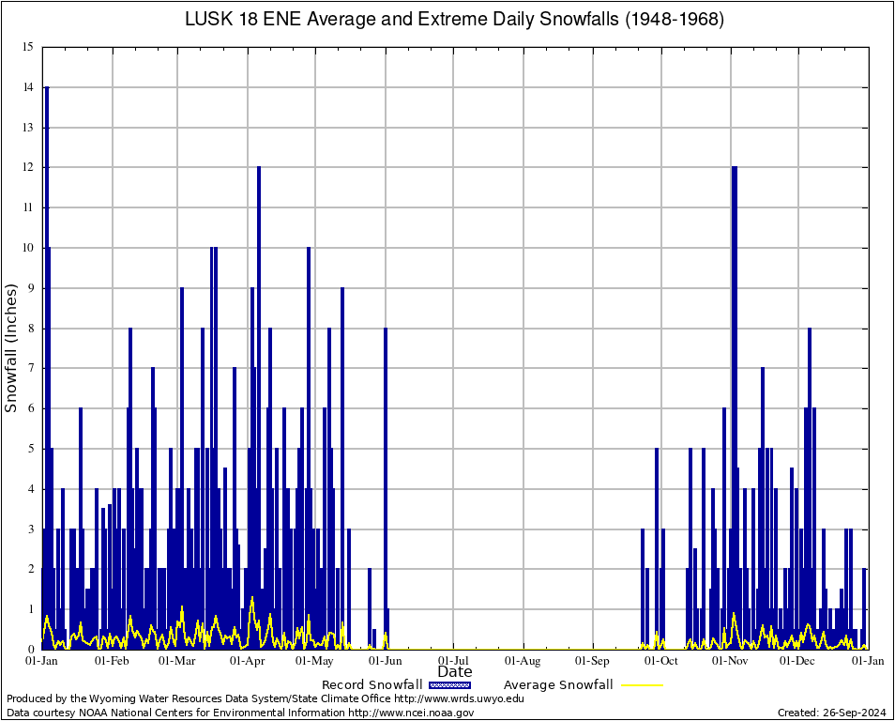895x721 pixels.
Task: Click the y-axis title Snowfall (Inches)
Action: click(x=11, y=347)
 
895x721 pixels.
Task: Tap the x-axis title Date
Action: click(x=455, y=672)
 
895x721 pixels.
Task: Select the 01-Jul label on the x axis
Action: click(x=454, y=661)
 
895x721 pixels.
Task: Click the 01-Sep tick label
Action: click(x=592, y=661)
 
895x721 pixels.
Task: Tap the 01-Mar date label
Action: click(x=176, y=661)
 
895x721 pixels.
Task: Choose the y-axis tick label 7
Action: click(x=30, y=368)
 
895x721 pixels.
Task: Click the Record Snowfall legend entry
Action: click(x=372, y=685)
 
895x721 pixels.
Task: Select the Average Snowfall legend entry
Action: click(x=557, y=685)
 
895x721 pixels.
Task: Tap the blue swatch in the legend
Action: click(x=449, y=685)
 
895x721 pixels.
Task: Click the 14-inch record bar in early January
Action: click(x=46, y=282)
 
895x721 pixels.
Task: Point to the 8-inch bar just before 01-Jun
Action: click(x=385, y=469)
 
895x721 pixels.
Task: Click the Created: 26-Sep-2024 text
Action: click(x=832, y=713)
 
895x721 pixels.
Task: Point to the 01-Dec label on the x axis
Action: click(x=798, y=661)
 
